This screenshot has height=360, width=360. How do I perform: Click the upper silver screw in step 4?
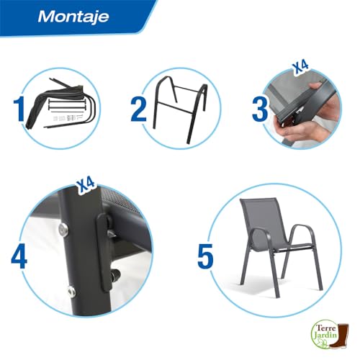63,229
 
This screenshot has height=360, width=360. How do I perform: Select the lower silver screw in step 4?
70,291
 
